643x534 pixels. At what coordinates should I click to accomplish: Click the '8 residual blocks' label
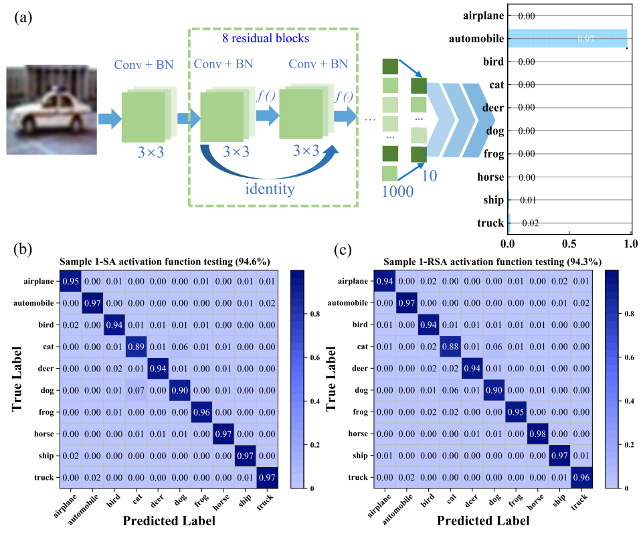click(265, 38)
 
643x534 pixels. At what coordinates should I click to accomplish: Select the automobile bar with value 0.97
click(567, 39)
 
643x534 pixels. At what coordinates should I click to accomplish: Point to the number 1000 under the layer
click(397, 191)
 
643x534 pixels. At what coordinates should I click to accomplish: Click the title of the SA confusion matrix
click(169, 261)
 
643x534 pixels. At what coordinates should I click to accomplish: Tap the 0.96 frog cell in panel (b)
click(202, 412)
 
